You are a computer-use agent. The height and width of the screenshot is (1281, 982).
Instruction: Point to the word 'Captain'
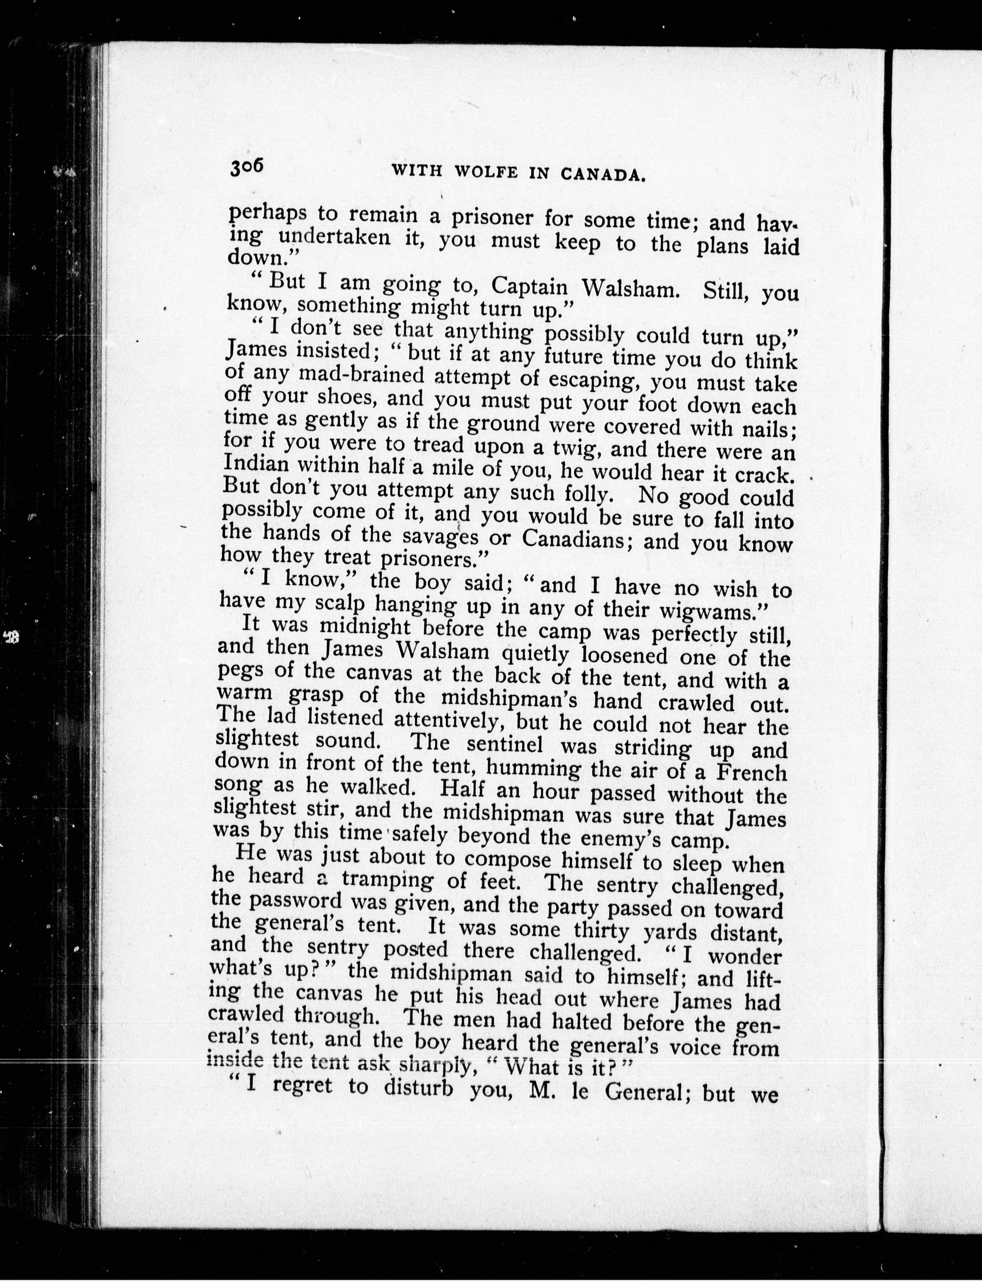[530, 285]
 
